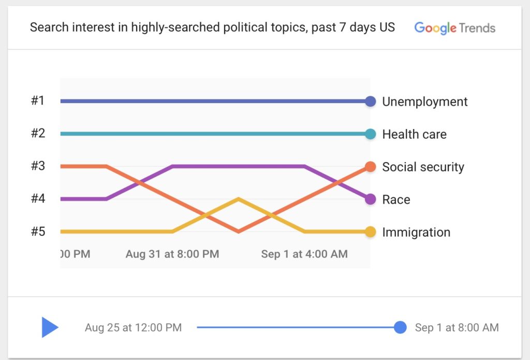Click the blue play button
tap(50, 327)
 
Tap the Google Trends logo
tap(454, 27)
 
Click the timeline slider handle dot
tap(400, 327)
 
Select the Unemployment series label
tap(424, 102)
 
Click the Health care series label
tap(414, 134)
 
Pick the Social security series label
tap(423, 167)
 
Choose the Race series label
tap(396, 199)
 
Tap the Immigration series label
tap(416, 232)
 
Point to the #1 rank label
tap(38, 100)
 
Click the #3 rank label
tap(38, 166)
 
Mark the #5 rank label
tap(38, 231)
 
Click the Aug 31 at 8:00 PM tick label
tap(172, 254)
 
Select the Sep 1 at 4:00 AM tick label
tap(304, 254)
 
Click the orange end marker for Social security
tap(370, 166)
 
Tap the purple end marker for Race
tap(370, 199)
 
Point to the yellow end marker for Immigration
tap(370, 232)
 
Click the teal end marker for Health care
tap(370, 134)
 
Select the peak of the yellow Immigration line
tap(238, 198)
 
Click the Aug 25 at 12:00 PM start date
tap(133, 327)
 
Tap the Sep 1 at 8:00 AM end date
tap(457, 327)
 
